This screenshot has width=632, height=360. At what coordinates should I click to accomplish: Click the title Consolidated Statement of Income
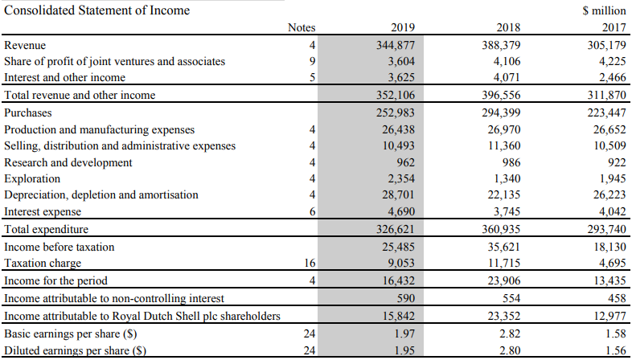pos(97,10)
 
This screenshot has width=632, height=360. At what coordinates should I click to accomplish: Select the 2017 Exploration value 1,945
pos(609,178)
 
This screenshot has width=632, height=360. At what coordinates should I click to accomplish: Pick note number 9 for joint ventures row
pos(311,61)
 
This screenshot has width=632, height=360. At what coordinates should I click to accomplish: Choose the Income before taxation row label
pos(60,246)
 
